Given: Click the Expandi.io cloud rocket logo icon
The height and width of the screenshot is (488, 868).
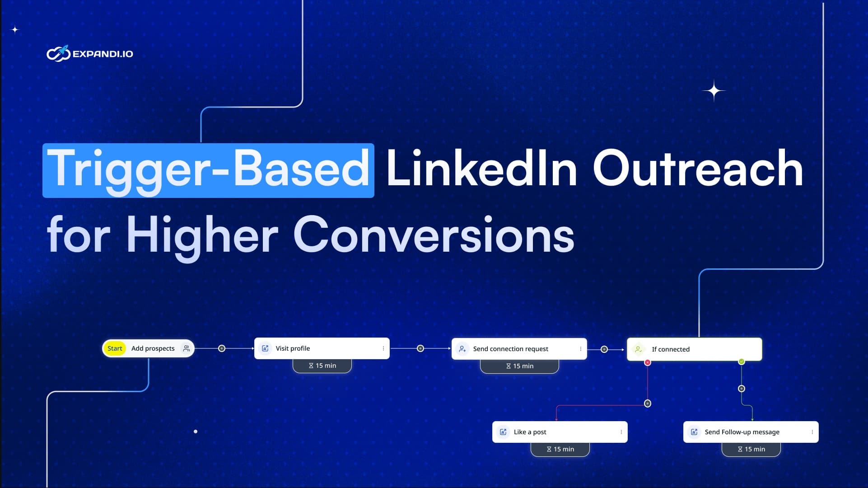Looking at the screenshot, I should point(58,54).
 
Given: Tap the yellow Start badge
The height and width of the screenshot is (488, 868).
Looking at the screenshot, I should point(115,348).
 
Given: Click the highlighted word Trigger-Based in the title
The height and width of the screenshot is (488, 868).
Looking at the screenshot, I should point(208,170).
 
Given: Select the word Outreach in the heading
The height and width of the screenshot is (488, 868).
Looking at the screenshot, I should point(698,169).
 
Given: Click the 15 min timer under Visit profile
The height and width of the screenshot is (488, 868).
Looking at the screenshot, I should point(322,366).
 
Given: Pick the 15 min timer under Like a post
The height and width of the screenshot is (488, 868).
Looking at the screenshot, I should point(560,449).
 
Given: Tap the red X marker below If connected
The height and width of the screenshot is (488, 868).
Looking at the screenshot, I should point(648,362).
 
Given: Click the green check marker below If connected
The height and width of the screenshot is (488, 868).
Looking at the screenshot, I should point(742,361).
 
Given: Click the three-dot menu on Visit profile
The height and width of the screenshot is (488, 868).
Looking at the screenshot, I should point(383,348).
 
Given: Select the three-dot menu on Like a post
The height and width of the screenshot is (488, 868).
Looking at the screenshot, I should point(621,432).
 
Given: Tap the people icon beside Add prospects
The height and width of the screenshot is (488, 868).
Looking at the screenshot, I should point(187,348).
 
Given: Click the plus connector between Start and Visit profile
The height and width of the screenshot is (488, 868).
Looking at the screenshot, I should point(222,348).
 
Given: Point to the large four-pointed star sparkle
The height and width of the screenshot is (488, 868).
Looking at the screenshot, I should point(714,91).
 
